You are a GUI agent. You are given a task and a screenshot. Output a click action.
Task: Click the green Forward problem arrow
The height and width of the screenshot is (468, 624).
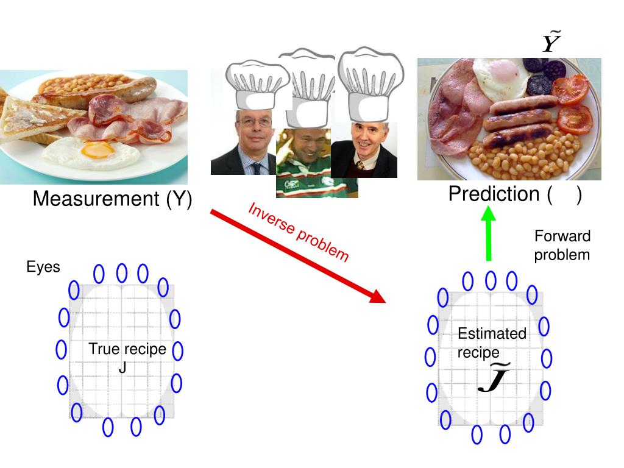[x=488, y=234]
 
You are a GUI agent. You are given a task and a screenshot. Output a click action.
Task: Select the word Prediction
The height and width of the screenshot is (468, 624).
[x=494, y=194]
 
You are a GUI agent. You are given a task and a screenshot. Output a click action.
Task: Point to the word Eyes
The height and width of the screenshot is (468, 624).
[x=43, y=267]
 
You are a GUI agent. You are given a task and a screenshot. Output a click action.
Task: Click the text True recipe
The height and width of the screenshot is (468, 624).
[x=127, y=349]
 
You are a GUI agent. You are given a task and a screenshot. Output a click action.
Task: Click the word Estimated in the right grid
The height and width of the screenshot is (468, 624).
[x=492, y=333]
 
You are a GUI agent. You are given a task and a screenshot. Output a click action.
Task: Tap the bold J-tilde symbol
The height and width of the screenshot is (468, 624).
[x=494, y=378]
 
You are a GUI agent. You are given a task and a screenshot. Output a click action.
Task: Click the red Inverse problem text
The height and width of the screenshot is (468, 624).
[x=299, y=232]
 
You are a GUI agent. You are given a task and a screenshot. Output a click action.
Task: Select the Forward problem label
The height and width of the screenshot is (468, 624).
[x=562, y=245]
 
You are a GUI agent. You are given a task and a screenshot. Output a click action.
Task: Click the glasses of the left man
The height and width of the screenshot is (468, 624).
[x=255, y=122]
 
